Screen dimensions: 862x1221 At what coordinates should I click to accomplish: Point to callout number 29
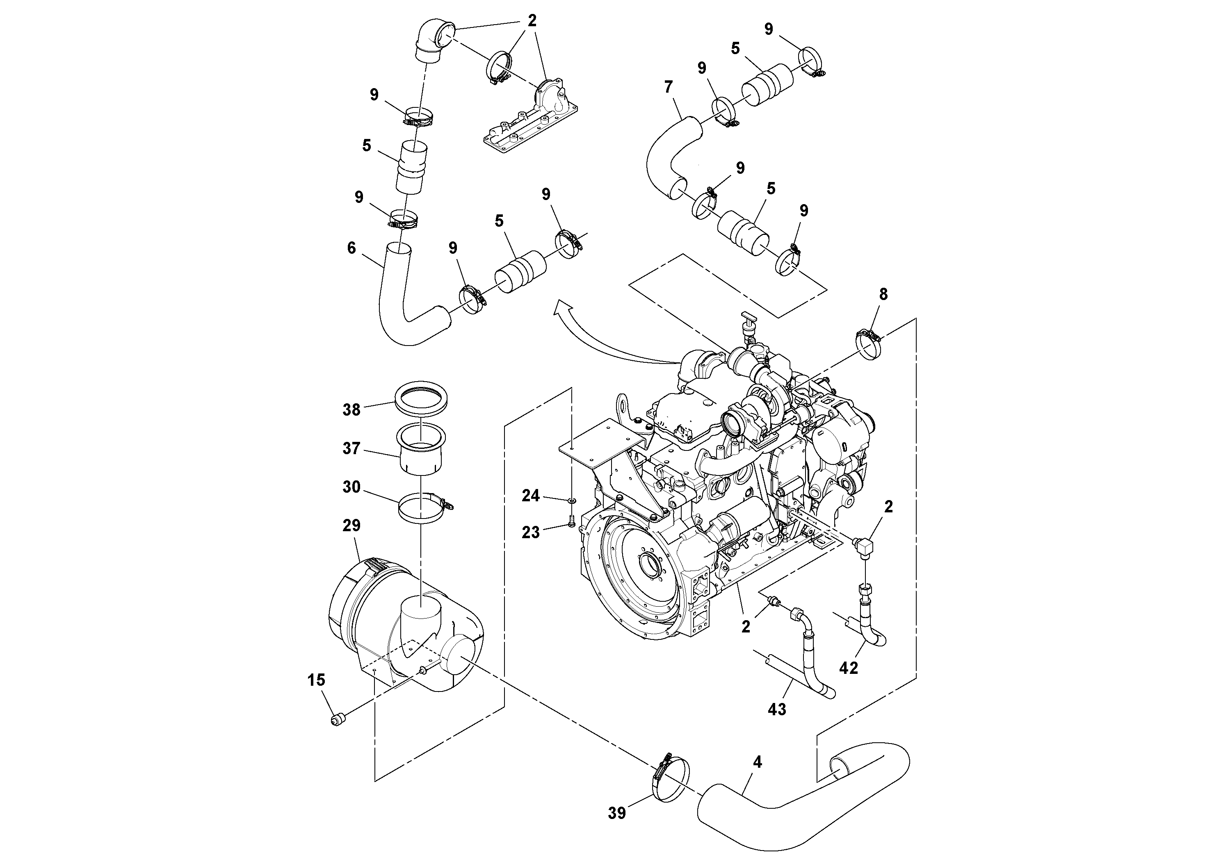tap(351, 525)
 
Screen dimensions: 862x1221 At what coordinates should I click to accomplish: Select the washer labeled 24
tap(571, 500)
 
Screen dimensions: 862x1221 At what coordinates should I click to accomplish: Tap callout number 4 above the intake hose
tap(757, 762)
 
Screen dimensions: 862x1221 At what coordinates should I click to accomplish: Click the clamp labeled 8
tap(870, 344)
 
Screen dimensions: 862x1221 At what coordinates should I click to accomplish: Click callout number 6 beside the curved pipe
tap(351, 248)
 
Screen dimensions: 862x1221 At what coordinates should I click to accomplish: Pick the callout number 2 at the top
tap(532, 21)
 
